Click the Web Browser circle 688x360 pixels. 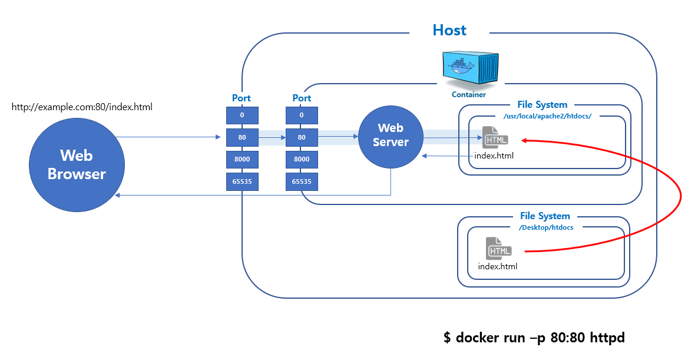click(x=77, y=164)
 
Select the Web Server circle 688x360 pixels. click(x=391, y=135)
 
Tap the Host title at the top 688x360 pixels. click(x=449, y=30)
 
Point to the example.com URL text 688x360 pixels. click(x=82, y=107)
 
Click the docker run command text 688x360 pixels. click(x=534, y=338)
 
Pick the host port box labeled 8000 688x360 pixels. click(x=242, y=160)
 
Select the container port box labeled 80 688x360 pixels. click(x=302, y=138)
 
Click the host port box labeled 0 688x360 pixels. click(x=242, y=115)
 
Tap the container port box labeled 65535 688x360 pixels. click(x=302, y=181)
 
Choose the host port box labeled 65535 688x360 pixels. click(x=242, y=181)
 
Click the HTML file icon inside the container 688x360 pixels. click(x=495, y=138)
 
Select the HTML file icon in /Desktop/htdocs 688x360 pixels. click(x=498, y=248)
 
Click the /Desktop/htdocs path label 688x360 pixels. click(x=545, y=227)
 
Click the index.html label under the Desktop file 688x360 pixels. click(x=498, y=266)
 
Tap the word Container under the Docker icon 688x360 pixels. click(x=469, y=94)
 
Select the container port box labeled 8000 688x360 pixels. click(x=302, y=160)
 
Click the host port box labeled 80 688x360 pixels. click(x=242, y=138)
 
